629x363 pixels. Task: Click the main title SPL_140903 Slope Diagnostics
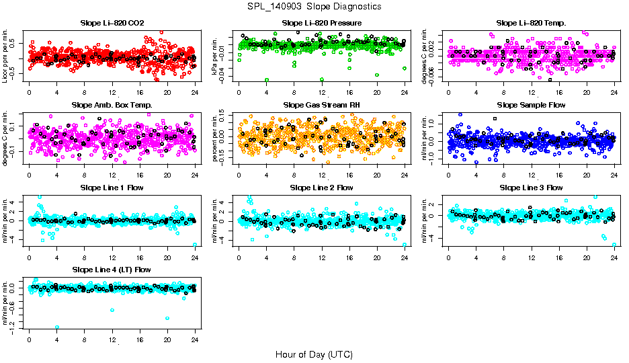[314, 6]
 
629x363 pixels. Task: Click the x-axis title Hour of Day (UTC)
[314, 354]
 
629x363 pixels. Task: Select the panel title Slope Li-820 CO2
[112, 23]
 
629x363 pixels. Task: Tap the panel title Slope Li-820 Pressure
[321, 23]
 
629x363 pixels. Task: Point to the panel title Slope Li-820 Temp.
[531, 23]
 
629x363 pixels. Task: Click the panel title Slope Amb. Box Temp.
[112, 105]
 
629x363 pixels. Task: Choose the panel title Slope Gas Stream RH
[321, 105]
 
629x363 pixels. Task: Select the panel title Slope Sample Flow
[531, 105]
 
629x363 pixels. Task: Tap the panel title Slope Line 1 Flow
[112, 187]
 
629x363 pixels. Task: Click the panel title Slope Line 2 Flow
[321, 187]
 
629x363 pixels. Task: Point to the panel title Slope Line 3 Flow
[531, 187]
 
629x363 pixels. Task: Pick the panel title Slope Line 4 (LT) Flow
[112, 269]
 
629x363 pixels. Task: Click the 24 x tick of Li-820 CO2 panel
[195, 93]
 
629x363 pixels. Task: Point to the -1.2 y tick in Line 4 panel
[15, 327]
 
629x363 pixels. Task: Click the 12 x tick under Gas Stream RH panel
[322, 175]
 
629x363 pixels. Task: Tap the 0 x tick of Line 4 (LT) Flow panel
[30, 339]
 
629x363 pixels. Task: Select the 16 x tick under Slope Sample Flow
[559, 175]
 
